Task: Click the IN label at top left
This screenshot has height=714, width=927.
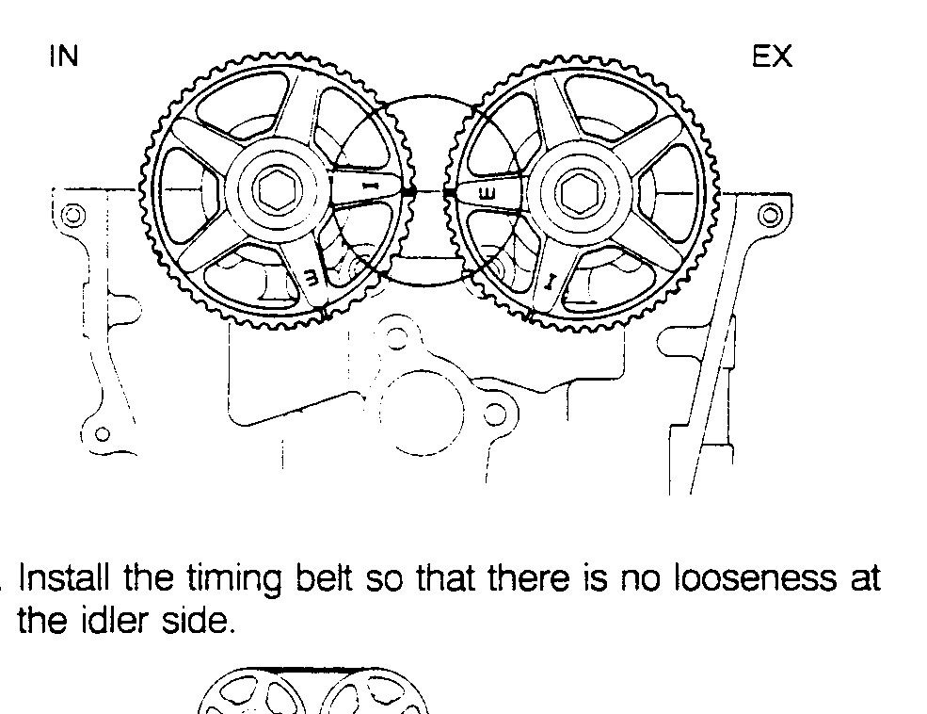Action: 64,57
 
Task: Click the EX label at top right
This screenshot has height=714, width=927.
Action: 772,57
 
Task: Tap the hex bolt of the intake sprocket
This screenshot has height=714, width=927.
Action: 278,190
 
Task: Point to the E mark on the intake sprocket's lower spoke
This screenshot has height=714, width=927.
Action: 312,276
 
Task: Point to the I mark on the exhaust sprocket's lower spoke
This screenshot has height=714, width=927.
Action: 551,283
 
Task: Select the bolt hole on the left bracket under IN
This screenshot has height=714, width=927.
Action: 72,215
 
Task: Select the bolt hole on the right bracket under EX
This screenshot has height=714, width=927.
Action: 770,215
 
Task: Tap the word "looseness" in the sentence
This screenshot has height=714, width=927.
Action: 755,578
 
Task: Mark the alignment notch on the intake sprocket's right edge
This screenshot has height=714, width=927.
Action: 408,191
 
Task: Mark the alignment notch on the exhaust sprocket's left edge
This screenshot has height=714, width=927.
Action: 450,192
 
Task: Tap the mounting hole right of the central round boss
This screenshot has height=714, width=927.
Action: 495,414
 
